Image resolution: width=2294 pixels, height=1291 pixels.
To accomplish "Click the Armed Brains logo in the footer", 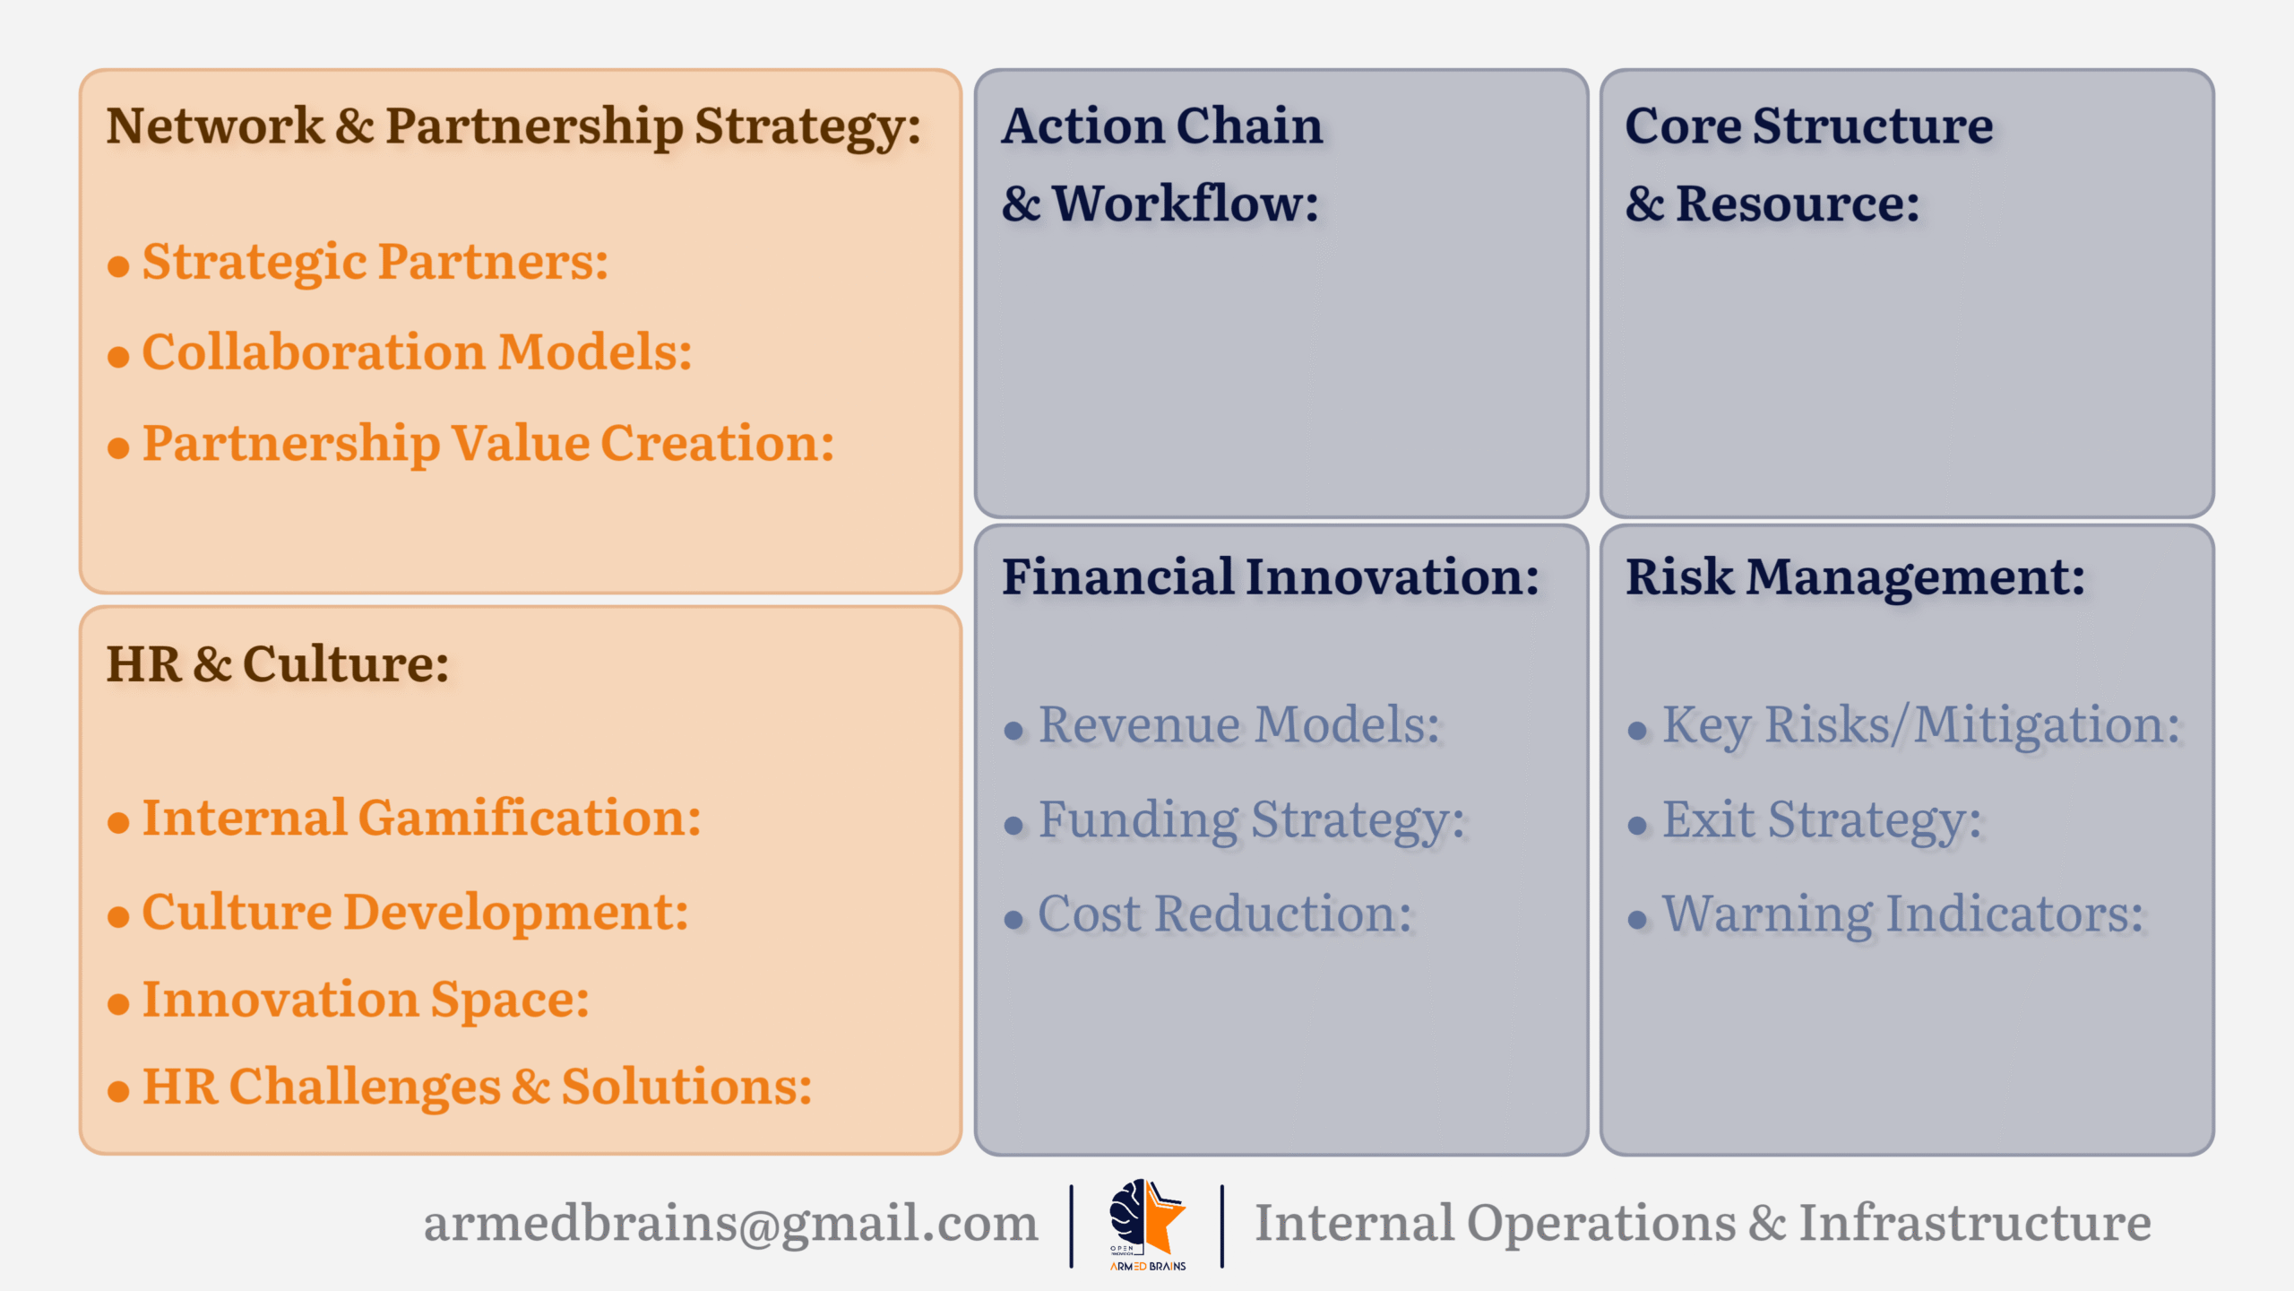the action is point(1148,1225).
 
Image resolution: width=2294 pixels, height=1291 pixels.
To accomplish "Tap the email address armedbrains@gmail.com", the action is point(730,1223).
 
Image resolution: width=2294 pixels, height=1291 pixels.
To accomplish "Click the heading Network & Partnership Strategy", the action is point(513,126).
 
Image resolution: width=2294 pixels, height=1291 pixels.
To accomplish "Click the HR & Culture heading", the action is point(278,664).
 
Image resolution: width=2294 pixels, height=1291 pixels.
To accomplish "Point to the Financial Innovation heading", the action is point(1271,576).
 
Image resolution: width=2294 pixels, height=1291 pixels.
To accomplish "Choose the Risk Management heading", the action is point(1855,578).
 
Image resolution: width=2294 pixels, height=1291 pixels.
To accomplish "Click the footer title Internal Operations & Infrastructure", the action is point(1703,1223).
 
